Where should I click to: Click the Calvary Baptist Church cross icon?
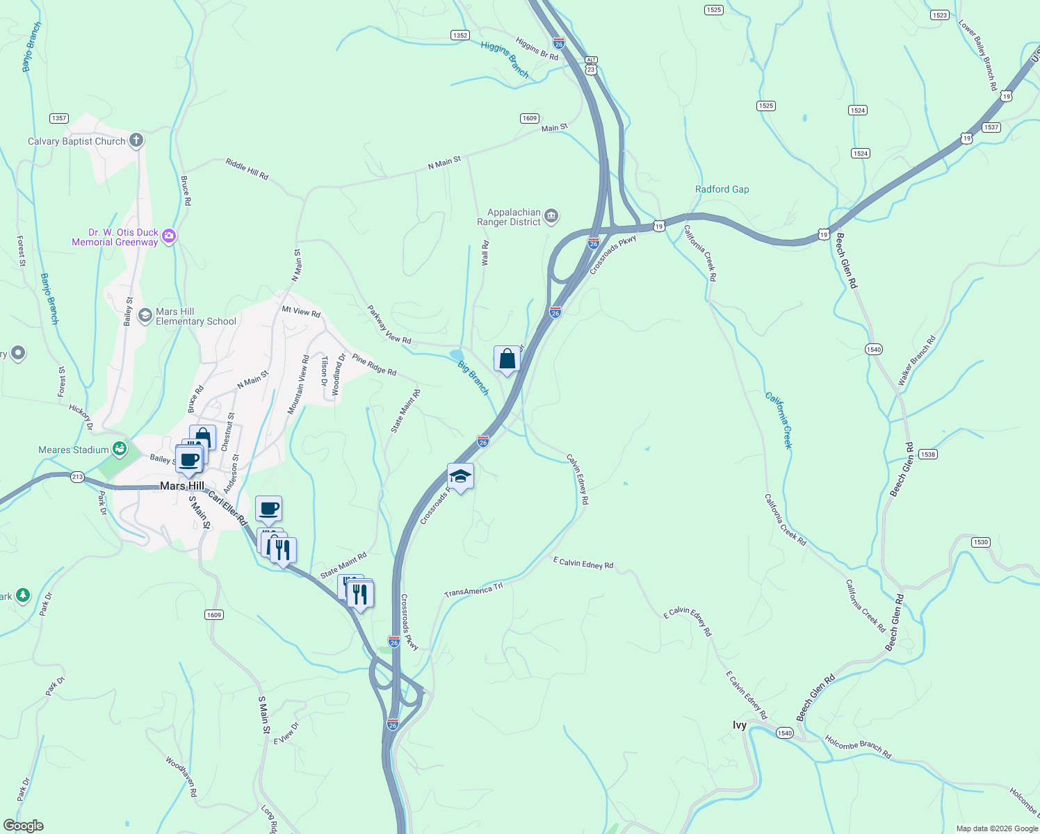click(x=136, y=140)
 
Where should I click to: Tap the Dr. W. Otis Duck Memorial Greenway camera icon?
click(x=169, y=237)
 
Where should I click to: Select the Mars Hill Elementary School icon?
click(x=145, y=316)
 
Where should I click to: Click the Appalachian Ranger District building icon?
click(x=551, y=217)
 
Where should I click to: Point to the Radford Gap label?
click(x=722, y=189)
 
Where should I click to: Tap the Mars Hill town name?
click(x=182, y=486)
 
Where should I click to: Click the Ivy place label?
click(x=740, y=725)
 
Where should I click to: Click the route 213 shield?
click(x=77, y=477)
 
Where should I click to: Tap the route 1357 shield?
click(x=59, y=118)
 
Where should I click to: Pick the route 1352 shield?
click(x=460, y=35)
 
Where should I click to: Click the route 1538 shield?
click(x=927, y=454)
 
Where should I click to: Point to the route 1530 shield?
click(x=980, y=542)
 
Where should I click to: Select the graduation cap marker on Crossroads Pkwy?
click(x=460, y=477)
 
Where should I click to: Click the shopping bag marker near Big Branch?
click(x=507, y=359)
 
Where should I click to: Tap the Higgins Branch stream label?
click(x=505, y=59)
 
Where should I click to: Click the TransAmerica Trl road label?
click(x=473, y=591)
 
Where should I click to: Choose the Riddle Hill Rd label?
click(x=247, y=169)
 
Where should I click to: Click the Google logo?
click(x=24, y=826)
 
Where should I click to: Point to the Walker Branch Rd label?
click(x=916, y=361)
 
